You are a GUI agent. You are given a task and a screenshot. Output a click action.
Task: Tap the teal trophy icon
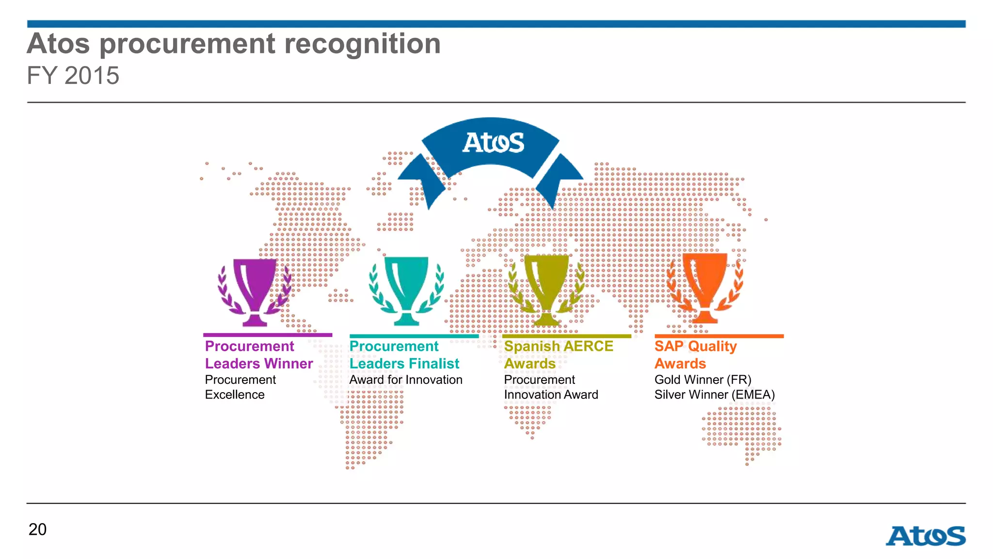click(406, 290)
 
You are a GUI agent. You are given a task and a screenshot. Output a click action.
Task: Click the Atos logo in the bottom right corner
click(925, 536)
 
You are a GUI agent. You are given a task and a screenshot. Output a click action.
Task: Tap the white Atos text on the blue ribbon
click(493, 143)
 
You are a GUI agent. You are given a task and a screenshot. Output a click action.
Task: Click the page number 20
click(37, 529)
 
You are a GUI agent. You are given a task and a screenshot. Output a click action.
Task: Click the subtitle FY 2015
click(73, 76)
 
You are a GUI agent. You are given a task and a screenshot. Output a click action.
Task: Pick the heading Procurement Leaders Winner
click(258, 355)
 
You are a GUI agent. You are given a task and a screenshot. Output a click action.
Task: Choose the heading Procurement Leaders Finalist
click(404, 355)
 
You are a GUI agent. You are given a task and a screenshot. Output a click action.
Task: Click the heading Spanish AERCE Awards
click(558, 355)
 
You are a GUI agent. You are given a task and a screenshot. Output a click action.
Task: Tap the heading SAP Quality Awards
click(695, 355)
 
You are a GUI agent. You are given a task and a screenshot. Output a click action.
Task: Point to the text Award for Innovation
click(405, 379)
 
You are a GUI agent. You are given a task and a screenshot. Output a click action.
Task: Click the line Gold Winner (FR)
click(703, 379)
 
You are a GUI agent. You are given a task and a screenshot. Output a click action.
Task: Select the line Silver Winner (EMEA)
click(714, 395)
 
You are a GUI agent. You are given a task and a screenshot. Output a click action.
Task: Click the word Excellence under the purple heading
click(235, 395)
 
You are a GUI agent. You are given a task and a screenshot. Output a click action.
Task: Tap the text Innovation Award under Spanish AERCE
click(551, 395)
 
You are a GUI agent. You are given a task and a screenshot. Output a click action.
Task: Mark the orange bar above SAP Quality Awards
click(719, 336)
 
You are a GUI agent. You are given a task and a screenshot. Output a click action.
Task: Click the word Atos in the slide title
click(58, 44)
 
